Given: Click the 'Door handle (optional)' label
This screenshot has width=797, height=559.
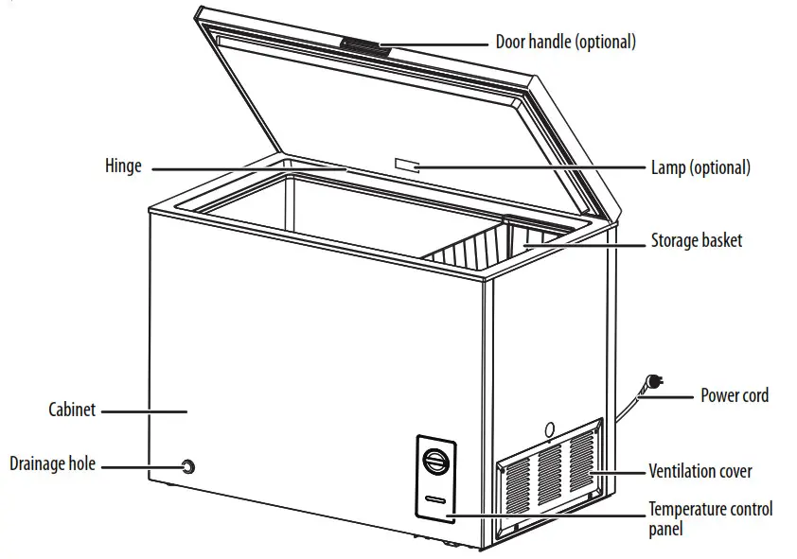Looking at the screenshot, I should (x=565, y=42).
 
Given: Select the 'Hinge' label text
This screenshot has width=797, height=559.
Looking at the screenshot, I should (x=123, y=166).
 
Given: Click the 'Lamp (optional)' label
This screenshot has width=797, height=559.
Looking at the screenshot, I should (x=700, y=167).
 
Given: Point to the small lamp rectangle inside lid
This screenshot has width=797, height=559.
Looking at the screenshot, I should (x=406, y=166).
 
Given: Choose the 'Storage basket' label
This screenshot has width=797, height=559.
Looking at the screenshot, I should (x=696, y=240).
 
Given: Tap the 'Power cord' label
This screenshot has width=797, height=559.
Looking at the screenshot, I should (x=734, y=394).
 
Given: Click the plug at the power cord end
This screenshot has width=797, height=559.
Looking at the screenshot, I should (x=651, y=383).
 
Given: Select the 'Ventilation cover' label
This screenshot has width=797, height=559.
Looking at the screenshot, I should (x=700, y=470).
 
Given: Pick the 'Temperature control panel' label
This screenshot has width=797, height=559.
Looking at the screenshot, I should (x=710, y=510).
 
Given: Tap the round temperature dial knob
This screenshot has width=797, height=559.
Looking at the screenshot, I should (x=435, y=463).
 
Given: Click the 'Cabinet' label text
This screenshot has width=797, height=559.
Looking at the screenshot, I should (x=73, y=411).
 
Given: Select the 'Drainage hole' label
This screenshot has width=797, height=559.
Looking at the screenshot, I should (x=53, y=463).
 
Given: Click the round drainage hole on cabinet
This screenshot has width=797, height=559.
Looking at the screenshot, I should (x=188, y=466).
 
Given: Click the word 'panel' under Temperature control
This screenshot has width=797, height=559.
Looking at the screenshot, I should (x=665, y=530).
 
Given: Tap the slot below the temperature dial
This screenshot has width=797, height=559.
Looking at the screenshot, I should (x=435, y=498).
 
